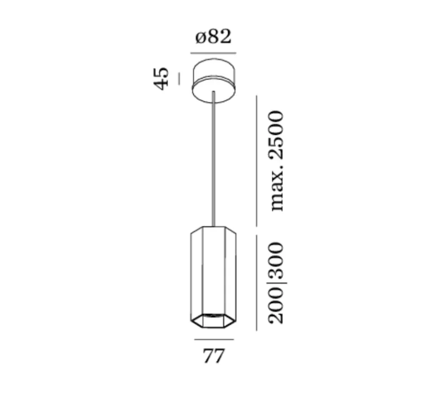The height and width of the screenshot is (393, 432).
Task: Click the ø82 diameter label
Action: [x=213, y=37]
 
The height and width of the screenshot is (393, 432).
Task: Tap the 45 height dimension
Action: [x=161, y=78]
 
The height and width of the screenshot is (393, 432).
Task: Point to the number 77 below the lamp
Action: [x=214, y=356]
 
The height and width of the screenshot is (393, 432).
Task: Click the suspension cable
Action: [x=213, y=162]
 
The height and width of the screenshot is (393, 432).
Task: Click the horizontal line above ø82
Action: [x=213, y=53]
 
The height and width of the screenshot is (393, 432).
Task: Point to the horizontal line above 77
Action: [x=214, y=339]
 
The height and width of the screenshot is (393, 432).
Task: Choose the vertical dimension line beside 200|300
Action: [x=256, y=282]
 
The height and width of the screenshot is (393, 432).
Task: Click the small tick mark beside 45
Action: [x=179, y=78]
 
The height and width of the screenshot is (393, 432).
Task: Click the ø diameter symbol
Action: [x=201, y=38]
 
